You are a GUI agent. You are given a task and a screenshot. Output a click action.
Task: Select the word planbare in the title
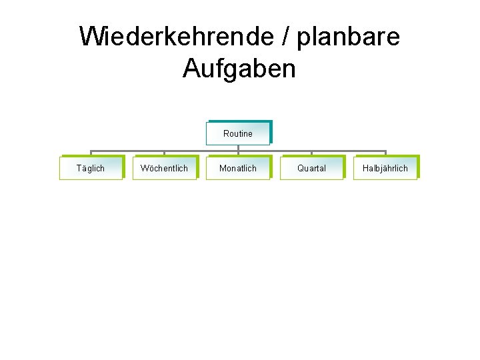(x=348, y=37)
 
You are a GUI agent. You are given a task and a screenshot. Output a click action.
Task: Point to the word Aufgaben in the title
(x=239, y=68)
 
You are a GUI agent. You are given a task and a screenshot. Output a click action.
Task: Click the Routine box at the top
(x=238, y=133)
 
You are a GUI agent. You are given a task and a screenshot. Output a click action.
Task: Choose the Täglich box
(x=91, y=168)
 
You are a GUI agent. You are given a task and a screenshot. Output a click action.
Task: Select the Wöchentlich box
(x=164, y=168)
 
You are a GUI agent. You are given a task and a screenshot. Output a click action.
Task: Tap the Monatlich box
(x=238, y=168)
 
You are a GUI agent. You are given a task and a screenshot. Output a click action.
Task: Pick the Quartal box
(x=311, y=168)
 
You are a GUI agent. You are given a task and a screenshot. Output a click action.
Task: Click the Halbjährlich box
(x=385, y=168)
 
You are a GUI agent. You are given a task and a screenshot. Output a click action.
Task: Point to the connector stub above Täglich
(x=91, y=153)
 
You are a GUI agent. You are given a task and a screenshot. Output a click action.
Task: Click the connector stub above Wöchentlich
(x=164, y=153)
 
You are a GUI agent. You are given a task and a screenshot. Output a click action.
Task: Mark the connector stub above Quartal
(x=311, y=153)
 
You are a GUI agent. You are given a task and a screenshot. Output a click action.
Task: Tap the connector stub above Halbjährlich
(x=385, y=153)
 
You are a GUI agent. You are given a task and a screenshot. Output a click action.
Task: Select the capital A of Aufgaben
(x=191, y=68)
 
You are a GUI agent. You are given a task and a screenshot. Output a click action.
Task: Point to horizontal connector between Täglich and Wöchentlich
(x=127, y=151)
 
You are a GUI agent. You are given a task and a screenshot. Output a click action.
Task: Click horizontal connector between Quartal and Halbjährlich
(x=348, y=151)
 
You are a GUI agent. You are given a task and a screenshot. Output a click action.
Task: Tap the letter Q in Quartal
(x=301, y=168)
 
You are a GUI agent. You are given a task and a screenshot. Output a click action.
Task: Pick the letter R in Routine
(x=226, y=133)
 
